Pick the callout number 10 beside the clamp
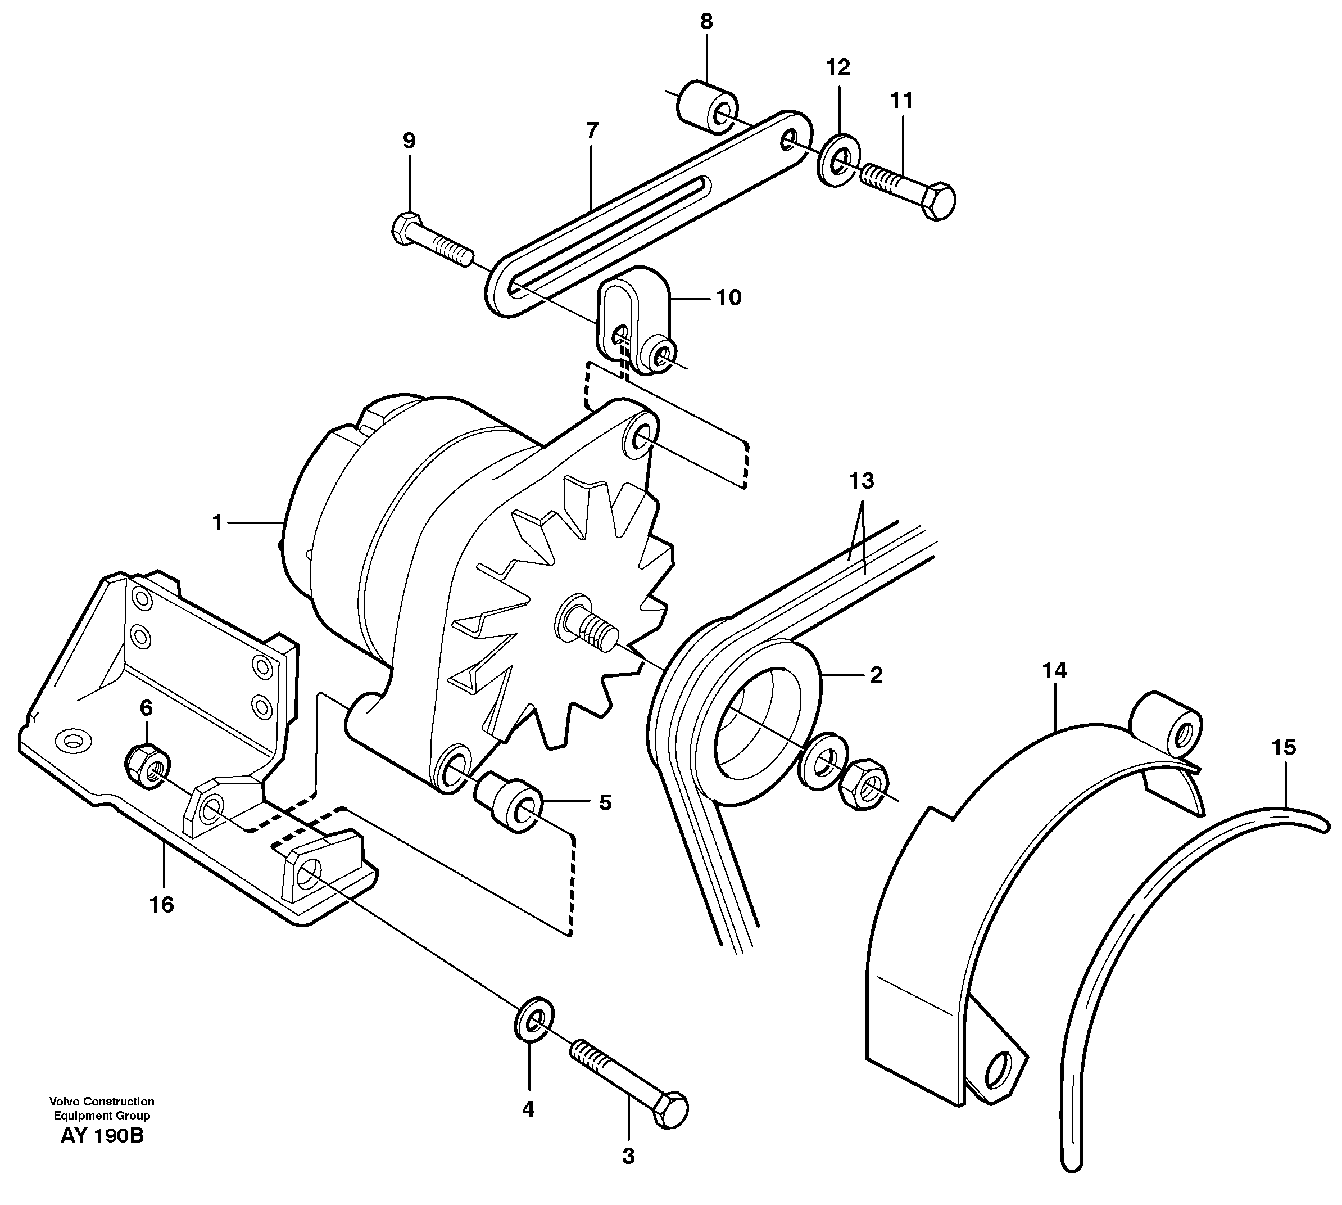coord(728,298)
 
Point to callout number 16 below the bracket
coord(161,904)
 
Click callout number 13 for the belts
coord(862,481)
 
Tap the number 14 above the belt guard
coord(1054,671)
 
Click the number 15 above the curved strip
coord(1284,748)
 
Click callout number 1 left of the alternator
coord(217,523)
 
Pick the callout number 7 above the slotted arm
coord(592,130)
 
